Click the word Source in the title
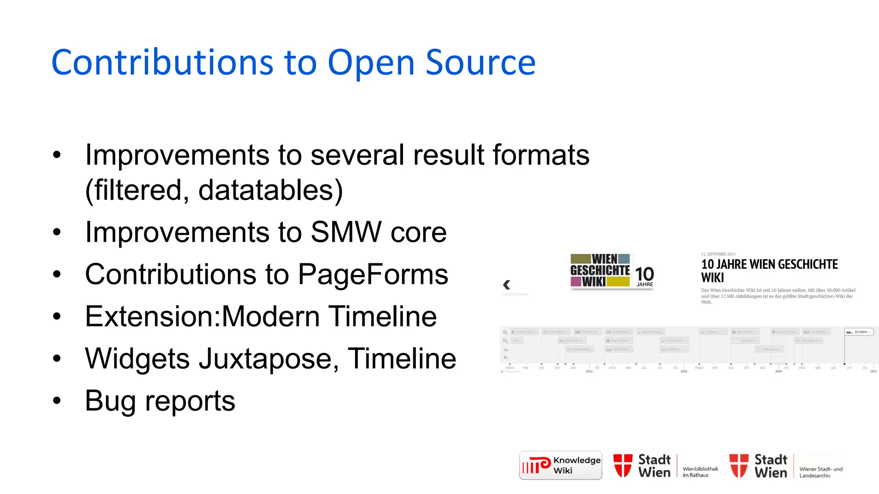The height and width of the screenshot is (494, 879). coord(480,63)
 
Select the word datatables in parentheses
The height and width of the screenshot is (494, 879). coord(265,190)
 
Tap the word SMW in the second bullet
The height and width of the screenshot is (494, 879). coord(346,232)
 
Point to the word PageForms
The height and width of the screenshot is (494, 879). coord(373,274)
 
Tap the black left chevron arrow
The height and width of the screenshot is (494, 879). coord(506,285)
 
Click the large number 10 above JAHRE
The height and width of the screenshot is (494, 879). coord(644,274)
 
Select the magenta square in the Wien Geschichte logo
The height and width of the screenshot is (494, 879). coord(576,282)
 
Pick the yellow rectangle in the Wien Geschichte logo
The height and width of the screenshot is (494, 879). coord(618,282)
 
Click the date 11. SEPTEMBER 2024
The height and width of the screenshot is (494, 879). coord(718,254)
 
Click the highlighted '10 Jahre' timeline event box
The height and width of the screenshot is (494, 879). coord(858,332)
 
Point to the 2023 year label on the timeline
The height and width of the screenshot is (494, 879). coord(684,371)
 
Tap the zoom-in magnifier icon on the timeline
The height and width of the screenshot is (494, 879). coord(505,332)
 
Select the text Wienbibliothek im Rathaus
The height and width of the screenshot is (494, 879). coord(700,472)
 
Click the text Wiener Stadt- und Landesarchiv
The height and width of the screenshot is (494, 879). coord(821,472)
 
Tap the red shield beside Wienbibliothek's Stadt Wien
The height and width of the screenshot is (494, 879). coord(623,465)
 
